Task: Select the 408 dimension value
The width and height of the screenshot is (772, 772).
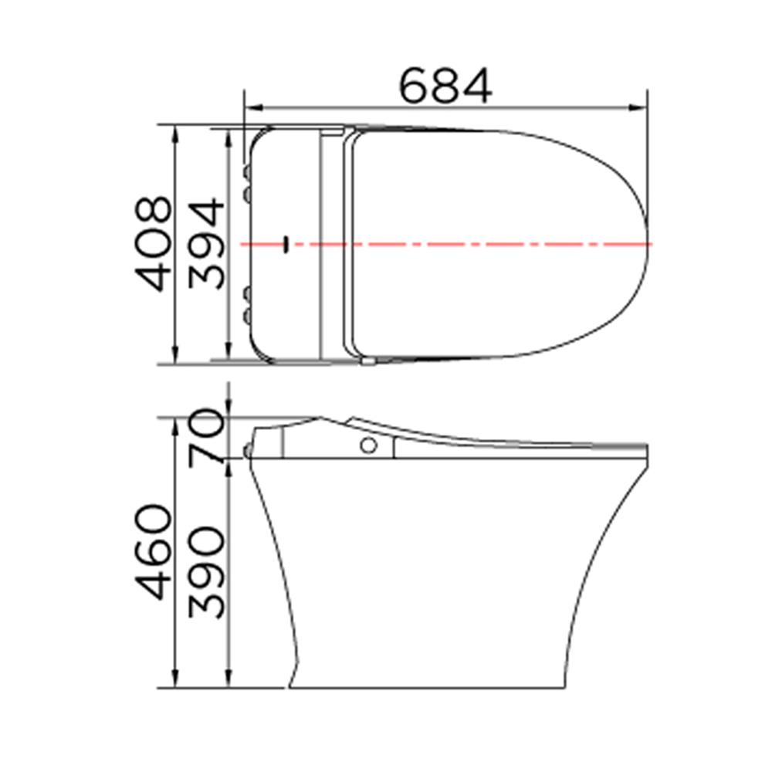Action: (151, 244)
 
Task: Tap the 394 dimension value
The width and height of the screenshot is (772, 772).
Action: (206, 244)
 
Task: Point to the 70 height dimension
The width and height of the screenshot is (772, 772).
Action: (207, 438)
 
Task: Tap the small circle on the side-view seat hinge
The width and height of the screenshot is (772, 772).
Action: (369, 445)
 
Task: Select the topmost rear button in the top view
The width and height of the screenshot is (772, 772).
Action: (247, 170)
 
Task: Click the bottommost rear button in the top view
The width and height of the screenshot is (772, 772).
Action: (247, 317)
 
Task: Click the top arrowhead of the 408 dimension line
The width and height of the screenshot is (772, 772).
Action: (176, 131)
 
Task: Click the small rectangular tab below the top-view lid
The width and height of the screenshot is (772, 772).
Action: (369, 361)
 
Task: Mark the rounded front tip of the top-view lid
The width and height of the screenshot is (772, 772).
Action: (647, 244)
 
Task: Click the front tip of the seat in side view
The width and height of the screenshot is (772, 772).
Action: (645, 447)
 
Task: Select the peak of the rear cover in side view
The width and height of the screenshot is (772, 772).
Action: (318, 420)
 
